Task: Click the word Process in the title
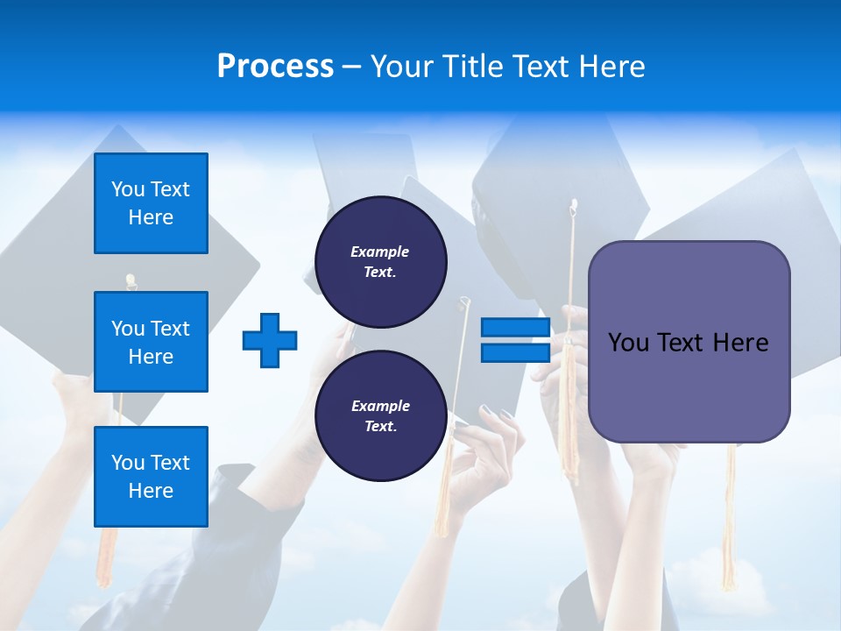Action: click(x=275, y=67)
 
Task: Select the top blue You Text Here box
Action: click(x=151, y=203)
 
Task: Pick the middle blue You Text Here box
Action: click(x=151, y=342)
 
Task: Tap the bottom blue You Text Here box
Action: click(x=151, y=477)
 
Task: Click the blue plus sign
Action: click(x=270, y=340)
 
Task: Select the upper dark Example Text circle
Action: click(x=380, y=262)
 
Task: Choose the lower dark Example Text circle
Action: click(x=380, y=416)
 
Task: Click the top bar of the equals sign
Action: click(x=515, y=328)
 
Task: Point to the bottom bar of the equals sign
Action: click(x=515, y=353)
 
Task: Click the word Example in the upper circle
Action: click(x=380, y=252)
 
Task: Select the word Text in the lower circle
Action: click(x=380, y=427)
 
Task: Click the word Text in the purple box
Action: click(x=681, y=343)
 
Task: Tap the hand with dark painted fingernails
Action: click(x=491, y=438)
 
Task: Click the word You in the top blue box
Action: click(x=128, y=189)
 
